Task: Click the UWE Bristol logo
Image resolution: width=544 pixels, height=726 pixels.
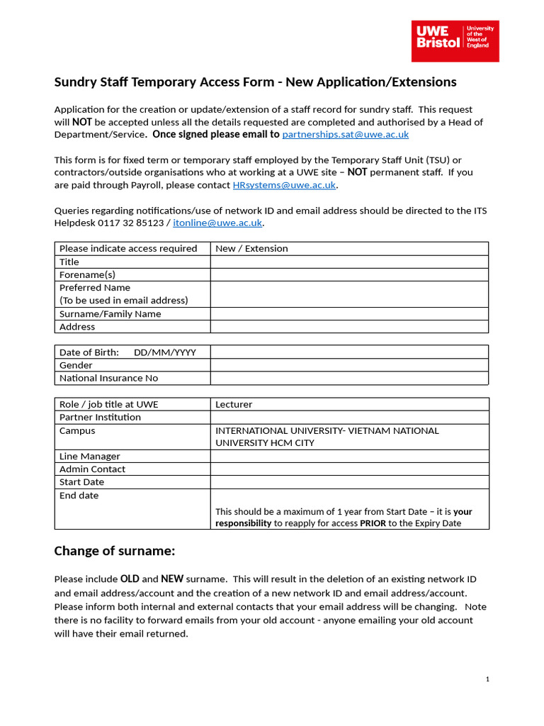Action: pos(455,40)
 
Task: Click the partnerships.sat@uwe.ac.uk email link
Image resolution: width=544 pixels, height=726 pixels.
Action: pos(345,134)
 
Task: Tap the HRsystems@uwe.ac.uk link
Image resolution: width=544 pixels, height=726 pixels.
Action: pos(284,185)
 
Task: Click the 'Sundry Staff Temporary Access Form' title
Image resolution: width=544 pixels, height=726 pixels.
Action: pos(255,82)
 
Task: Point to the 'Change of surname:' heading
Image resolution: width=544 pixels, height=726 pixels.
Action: pos(114,551)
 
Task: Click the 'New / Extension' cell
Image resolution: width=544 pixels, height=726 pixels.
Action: pos(251,248)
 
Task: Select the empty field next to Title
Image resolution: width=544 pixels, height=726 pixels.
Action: pos(348,262)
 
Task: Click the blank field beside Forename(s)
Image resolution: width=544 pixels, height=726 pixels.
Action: pos(348,274)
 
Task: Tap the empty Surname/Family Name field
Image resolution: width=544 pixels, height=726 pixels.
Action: pos(348,313)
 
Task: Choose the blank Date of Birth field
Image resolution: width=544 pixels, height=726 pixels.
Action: pos(348,352)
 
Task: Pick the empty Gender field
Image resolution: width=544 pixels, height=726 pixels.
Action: pos(348,365)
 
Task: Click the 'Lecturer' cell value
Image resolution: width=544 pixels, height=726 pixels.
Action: pos(234,404)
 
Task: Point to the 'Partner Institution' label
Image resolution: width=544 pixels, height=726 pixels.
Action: pos(100,417)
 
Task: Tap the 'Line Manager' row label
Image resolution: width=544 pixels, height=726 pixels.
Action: pos(89,456)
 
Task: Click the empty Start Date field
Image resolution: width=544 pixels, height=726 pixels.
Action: pos(348,482)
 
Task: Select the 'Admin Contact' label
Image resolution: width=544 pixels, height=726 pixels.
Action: pos(92,469)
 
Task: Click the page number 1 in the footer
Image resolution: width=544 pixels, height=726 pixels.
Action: pos(487,679)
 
